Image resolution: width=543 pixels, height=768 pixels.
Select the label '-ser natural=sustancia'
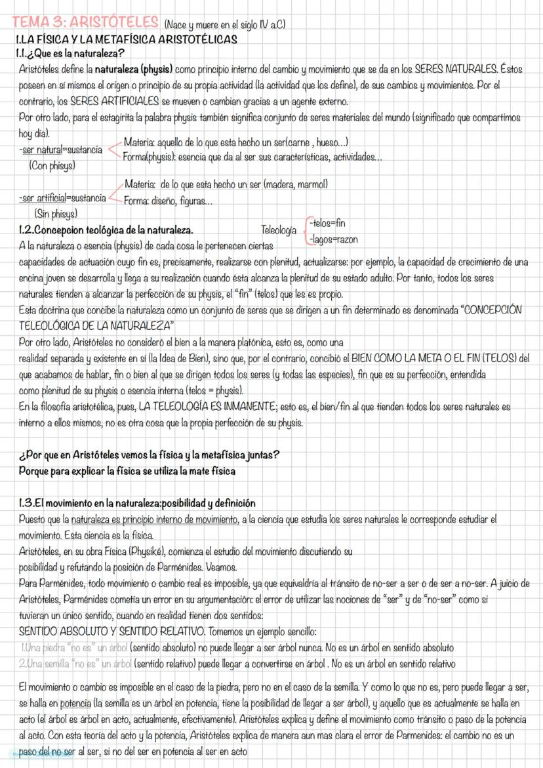pos(60,150)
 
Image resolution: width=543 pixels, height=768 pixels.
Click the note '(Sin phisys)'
pos(56,213)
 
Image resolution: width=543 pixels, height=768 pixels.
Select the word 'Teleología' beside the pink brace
pos(279,230)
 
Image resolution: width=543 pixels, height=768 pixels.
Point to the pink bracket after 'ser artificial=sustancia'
pos(114,192)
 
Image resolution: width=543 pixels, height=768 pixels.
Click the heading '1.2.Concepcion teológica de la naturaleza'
pos(106,230)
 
